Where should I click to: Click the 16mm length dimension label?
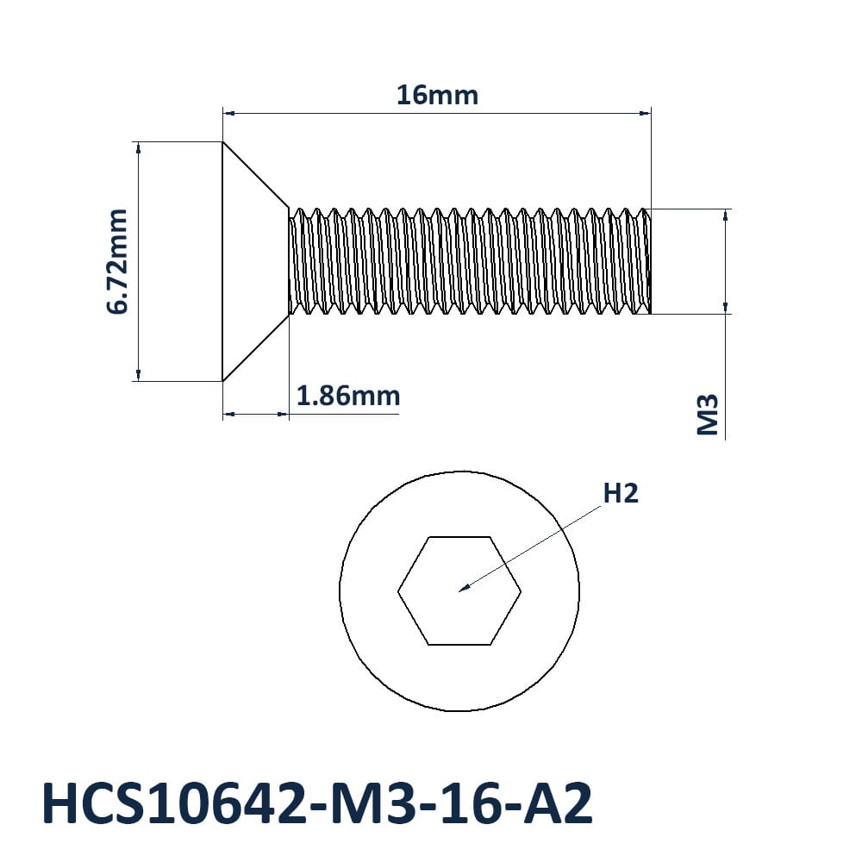437,95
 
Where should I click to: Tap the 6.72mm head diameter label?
117,261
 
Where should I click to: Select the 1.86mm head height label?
348,396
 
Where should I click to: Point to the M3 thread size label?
708,414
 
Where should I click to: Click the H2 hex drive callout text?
621,493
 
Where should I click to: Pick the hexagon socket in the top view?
459,590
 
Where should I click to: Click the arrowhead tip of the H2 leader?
459,591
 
